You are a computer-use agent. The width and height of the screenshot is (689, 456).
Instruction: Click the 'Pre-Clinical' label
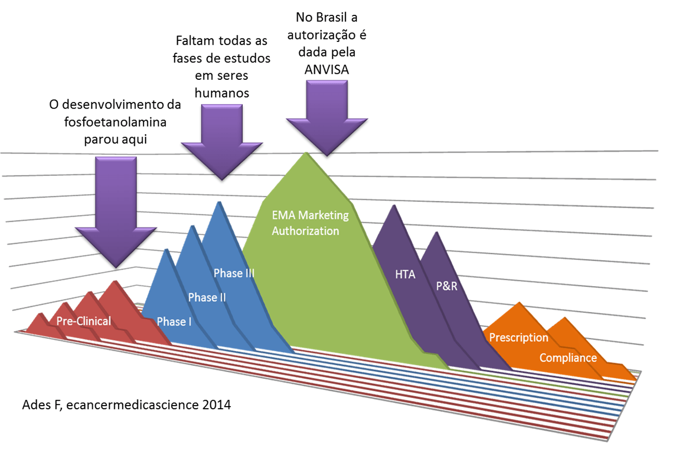click(84, 321)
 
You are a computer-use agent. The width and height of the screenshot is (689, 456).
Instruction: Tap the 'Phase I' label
click(174, 321)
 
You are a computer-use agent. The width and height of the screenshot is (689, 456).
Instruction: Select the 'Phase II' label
click(207, 298)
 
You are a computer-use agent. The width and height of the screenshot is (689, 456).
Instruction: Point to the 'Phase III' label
click(234, 273)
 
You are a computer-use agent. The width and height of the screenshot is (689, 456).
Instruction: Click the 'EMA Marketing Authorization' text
click(311, 223)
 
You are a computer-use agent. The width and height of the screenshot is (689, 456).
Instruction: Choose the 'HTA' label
click(405, 274)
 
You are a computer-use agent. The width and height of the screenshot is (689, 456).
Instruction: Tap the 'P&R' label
click(447, 286)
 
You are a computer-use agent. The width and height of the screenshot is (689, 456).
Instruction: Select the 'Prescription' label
click(518, 337)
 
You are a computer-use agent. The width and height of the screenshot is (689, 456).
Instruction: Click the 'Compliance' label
click(568, 358)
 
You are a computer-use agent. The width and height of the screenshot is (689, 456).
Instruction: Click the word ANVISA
click(327, 70)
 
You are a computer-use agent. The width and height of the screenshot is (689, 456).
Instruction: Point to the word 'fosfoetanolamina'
click(115, 122)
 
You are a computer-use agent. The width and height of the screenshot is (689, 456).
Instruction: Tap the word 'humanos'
click(222, 93)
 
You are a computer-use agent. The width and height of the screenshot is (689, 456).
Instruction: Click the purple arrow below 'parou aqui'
click(116, 212)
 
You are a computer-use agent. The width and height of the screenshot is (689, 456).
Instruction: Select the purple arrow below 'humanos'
click(222, 142)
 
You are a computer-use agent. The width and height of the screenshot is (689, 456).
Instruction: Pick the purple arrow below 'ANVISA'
click(327, 118)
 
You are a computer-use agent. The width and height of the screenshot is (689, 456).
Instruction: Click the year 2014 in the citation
click(216, 405)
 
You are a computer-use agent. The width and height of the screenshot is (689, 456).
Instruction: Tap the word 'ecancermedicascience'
click(133, 405)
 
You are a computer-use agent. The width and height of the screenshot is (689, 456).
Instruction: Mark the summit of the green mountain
click(306, 152)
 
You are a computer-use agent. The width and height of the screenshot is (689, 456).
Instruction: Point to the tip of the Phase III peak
click(219, 202)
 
